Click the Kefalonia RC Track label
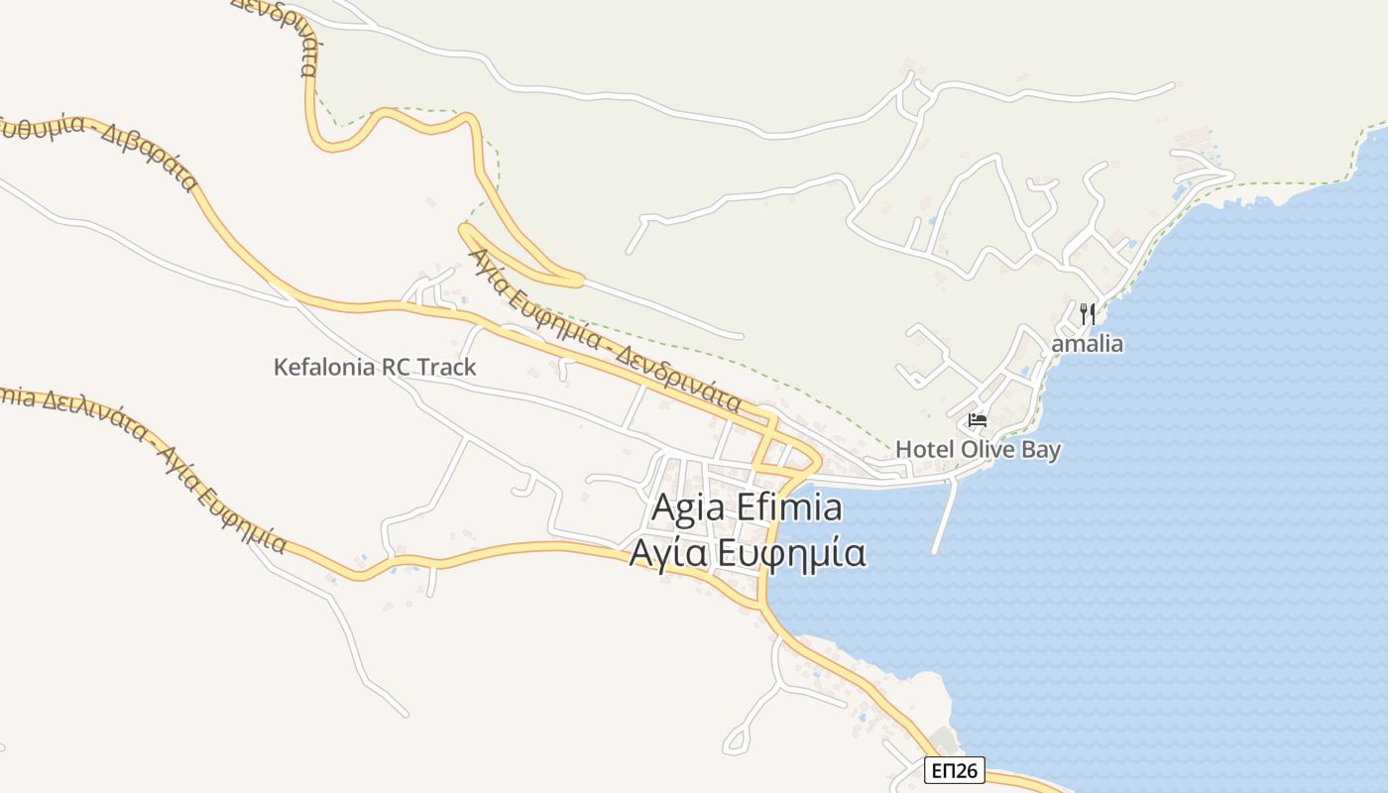click(x=375, y=367)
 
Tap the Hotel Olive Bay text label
click(x=978, y=449)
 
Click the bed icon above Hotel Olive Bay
click(x=978, y=420)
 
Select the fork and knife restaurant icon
click(x=1088, y=314)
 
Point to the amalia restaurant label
click(x=1088, y=344)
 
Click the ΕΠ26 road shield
click(x=956, y=769)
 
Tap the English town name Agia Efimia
click(x=747, y=508)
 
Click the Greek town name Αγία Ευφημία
click(x=748, y=553)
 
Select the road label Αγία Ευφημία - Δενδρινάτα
click(x=607, y=329)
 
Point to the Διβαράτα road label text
click(x=149, y=155)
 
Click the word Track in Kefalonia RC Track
click(x=447, y=367)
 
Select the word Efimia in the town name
click(x=791, y=508)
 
